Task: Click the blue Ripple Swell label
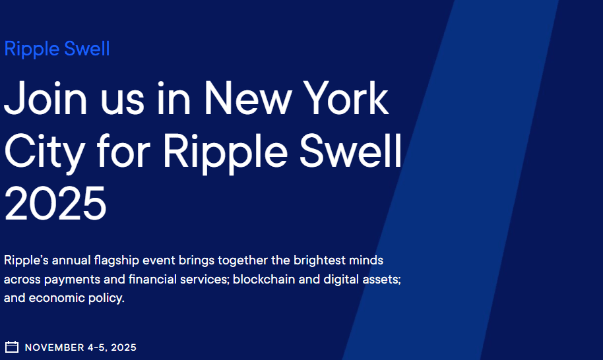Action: (57, 49)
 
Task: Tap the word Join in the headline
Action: (46, 98)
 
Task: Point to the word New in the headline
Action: (247, 98)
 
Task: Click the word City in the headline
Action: (45, 152)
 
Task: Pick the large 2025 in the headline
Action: (55, 203)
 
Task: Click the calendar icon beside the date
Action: (11, 347)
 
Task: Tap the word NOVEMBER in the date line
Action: (54, 347)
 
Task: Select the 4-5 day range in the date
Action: (96, 347)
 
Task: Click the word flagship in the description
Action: (116, 260)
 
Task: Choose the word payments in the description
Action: (72, 280)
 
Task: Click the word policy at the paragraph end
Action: (106, 298)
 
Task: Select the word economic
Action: (57, 298)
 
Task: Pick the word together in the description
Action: (243, 260)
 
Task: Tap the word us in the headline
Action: (122, 103)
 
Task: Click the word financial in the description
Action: (152, 279)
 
